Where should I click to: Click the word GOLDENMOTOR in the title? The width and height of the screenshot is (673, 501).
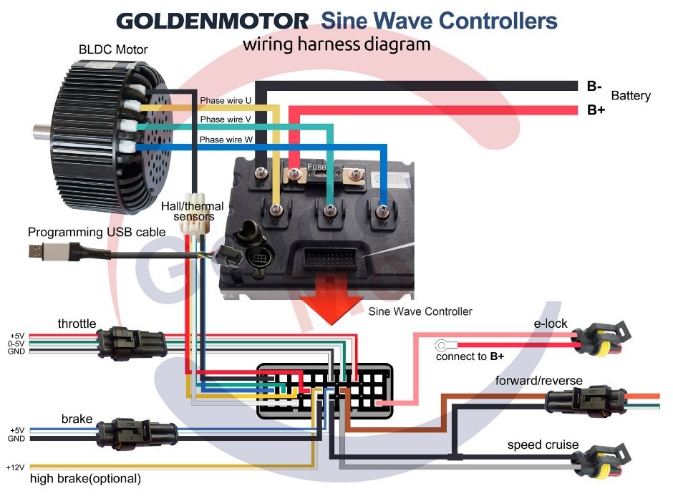point(213,21)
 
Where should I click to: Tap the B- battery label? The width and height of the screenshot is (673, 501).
point(594,87)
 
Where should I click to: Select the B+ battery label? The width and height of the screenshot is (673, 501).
point(596,110)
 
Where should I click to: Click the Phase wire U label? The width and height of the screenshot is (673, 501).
point(226,101)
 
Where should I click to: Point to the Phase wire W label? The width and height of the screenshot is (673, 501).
point(226,140)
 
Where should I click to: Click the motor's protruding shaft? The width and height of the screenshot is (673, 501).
point(43,131)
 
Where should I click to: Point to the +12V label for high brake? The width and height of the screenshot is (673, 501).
point(15,467)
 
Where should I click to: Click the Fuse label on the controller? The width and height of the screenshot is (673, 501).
point(316,166)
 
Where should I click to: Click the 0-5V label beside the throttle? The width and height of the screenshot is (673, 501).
point(16,344)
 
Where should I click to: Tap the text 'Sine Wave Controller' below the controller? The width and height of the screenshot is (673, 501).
point(420,311)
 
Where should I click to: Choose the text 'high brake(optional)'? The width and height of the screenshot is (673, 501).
point(85,478)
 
